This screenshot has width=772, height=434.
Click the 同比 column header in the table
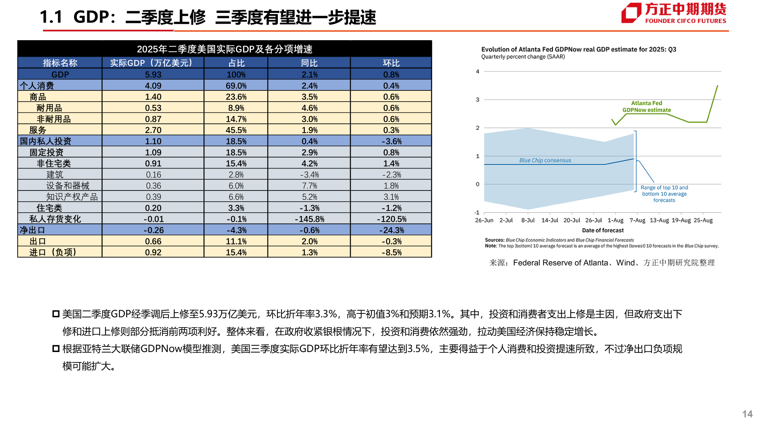(309, 63)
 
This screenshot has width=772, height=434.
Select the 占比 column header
(236, 63)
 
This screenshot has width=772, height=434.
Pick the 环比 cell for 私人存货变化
(391, 219)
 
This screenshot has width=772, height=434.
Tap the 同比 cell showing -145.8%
(309, 219)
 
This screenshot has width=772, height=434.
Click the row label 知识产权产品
(72, 197)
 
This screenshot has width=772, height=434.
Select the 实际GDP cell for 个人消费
(153, 86)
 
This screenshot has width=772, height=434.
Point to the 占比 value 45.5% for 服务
(236, 130)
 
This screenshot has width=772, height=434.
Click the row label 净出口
(32, 230)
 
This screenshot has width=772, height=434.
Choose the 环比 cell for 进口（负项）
(391, 252)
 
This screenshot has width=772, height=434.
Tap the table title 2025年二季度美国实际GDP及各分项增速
(224, 49)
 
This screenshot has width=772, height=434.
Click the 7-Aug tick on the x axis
(637, 220)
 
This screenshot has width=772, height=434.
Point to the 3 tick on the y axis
(478, 100)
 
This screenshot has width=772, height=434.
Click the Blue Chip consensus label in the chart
(545, 160)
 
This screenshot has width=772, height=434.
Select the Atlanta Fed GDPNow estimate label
(647, 106)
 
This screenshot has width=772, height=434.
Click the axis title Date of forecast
(602, 230)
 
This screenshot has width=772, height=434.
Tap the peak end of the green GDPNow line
(717, 86)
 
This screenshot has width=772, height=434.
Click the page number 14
(747, 414)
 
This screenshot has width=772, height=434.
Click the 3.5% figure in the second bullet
(419, 349)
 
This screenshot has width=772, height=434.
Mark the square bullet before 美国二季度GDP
(56, 314)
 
